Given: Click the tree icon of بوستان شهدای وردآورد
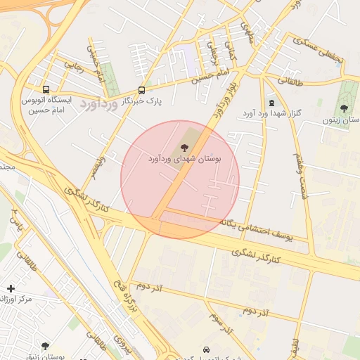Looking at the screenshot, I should click(184, 148).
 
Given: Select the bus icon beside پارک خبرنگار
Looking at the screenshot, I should click(141, 90).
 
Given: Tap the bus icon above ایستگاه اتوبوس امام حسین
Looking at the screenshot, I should click(46, 90).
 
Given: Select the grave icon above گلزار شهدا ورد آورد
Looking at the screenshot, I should click(271, 103).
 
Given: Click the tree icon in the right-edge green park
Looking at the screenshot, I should click(343, 108).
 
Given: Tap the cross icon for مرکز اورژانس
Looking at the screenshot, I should click(11, 288).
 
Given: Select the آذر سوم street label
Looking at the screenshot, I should click(220, 323).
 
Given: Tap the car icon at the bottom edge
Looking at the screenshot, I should click(205, 349).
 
